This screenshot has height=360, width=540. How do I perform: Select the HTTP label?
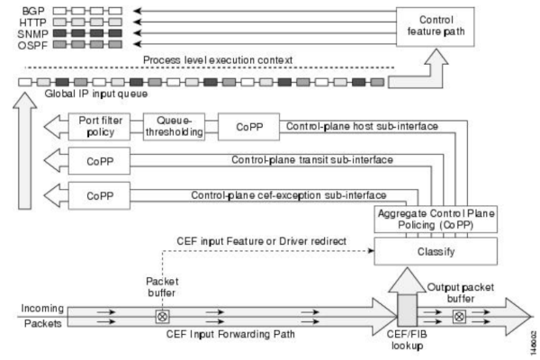point(33,22)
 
